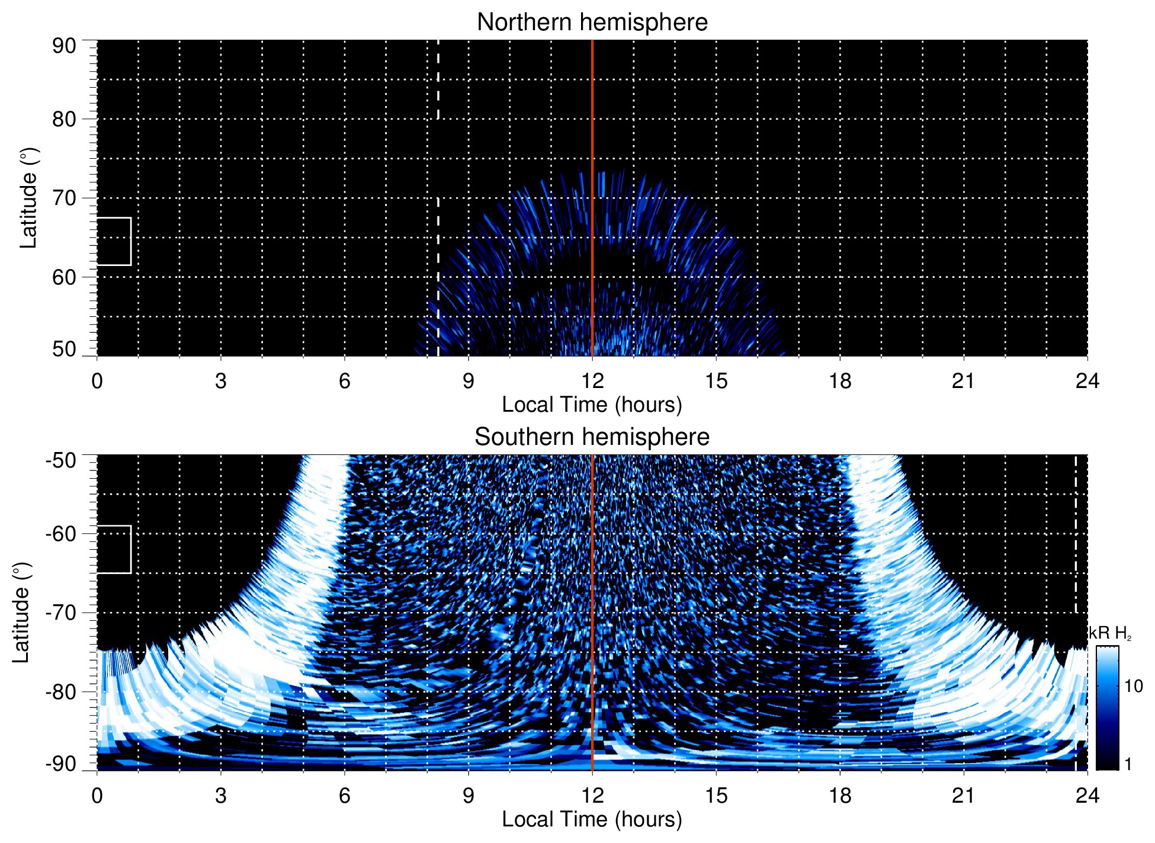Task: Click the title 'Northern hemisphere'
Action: click(592, 23)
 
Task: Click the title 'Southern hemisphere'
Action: click(592, 437)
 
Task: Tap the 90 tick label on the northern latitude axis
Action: click(64, 46)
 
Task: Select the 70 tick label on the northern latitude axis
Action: click(64, 198)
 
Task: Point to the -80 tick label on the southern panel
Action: click(61, 691)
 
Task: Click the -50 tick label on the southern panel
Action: click(61, 460)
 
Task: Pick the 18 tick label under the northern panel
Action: click(840, 381)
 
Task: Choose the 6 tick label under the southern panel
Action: click(344, 796)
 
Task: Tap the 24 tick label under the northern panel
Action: click(1087, 381)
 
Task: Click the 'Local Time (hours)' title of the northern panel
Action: click(592, 405)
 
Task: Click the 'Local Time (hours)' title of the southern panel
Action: click(592, 819)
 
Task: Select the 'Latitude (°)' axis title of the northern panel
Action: click(28, 198)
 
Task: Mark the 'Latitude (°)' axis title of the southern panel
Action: click(21, 613)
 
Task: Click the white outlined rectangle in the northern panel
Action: click(114, 241)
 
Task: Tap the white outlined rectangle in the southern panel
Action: click(114, 549)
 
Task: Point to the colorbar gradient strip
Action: click(1106, 708)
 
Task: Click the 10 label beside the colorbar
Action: click(1133, 686)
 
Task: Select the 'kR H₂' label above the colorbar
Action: click(1110, 633)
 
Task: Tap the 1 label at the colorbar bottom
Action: click(1128, 764)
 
